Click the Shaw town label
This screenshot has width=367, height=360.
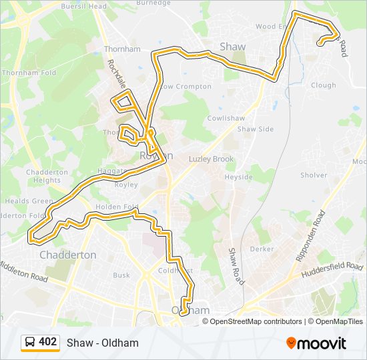click(233, 47)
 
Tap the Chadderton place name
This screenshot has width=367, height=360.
click(67, 255)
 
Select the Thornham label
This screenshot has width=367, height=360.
click(122, 49)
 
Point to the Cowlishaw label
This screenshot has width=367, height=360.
click(226, 117)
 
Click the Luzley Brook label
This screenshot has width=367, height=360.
click(212, 159)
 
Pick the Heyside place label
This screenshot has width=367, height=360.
click(239, 177)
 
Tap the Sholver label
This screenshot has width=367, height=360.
click(314, 175)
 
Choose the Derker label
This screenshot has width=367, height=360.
click(262, 249)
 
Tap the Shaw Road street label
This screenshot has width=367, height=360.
click(234, 264)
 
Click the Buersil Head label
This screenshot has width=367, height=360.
click(84, 6)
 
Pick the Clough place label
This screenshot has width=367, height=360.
click(324, 85)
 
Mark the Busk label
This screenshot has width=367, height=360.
click(121, 275)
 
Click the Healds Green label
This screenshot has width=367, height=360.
click(29, 201)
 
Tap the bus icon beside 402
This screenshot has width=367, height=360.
click(30, 343)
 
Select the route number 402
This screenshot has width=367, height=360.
click(48, 342)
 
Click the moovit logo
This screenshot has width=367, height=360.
click(316, 343)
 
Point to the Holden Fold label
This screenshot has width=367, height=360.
click(117, 207)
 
